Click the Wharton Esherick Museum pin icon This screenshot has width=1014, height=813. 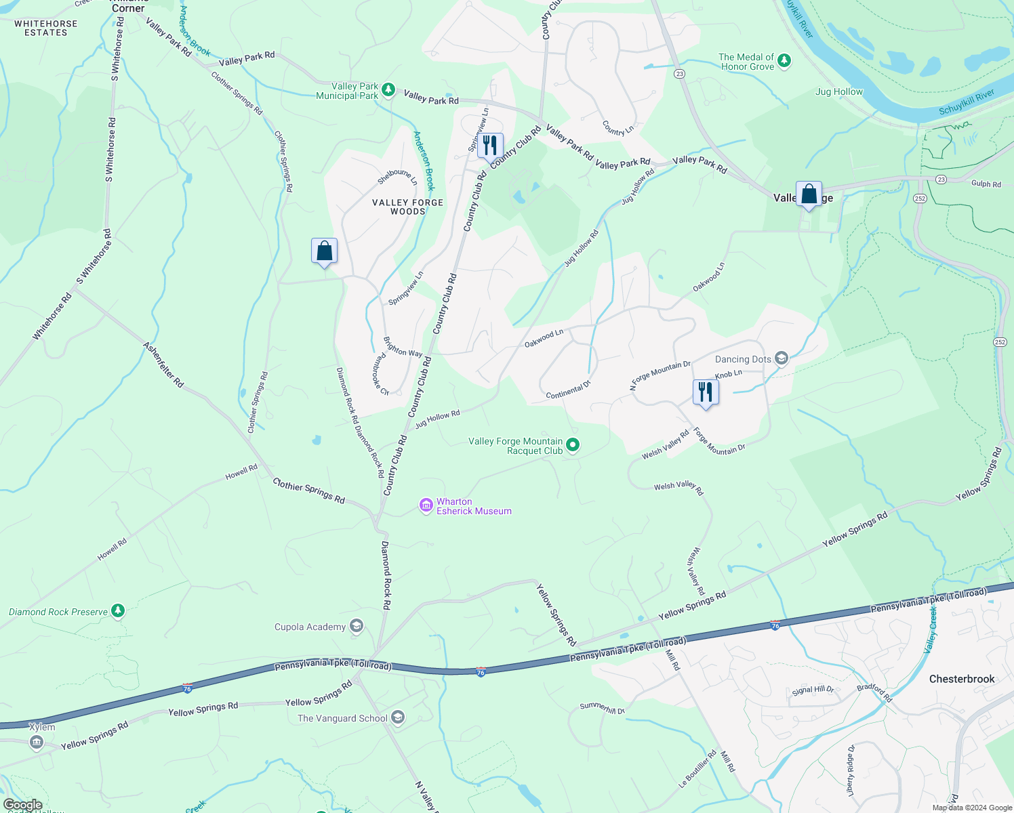pos(426,505)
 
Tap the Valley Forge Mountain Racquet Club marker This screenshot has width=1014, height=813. pos(573,445)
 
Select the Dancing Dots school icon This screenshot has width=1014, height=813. pos(782,358)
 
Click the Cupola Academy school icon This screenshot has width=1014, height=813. pos(357,626)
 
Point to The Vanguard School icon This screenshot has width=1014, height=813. pos(399,717)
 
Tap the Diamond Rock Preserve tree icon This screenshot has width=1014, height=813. pos(118,611)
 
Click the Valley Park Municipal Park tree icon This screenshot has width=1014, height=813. pos(388,89)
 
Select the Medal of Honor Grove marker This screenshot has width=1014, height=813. pos(784,61)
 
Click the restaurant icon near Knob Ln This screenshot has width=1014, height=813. pos(706,393)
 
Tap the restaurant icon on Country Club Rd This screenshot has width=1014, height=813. pos(490,145)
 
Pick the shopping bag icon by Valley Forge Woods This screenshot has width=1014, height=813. pos(325,251)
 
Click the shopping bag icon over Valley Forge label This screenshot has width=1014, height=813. pos(809,194)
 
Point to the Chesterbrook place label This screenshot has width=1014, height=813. pos(962,679)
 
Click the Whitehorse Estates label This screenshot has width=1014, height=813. pos(46,28)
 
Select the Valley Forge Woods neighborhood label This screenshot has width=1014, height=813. pos(408,207)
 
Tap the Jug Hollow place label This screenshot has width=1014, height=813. pos(839,91)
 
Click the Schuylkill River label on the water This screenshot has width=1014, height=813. pos(967,102)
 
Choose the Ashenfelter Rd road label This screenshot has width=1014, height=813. pos(163,364)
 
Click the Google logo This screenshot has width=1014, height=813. pos(23,805)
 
